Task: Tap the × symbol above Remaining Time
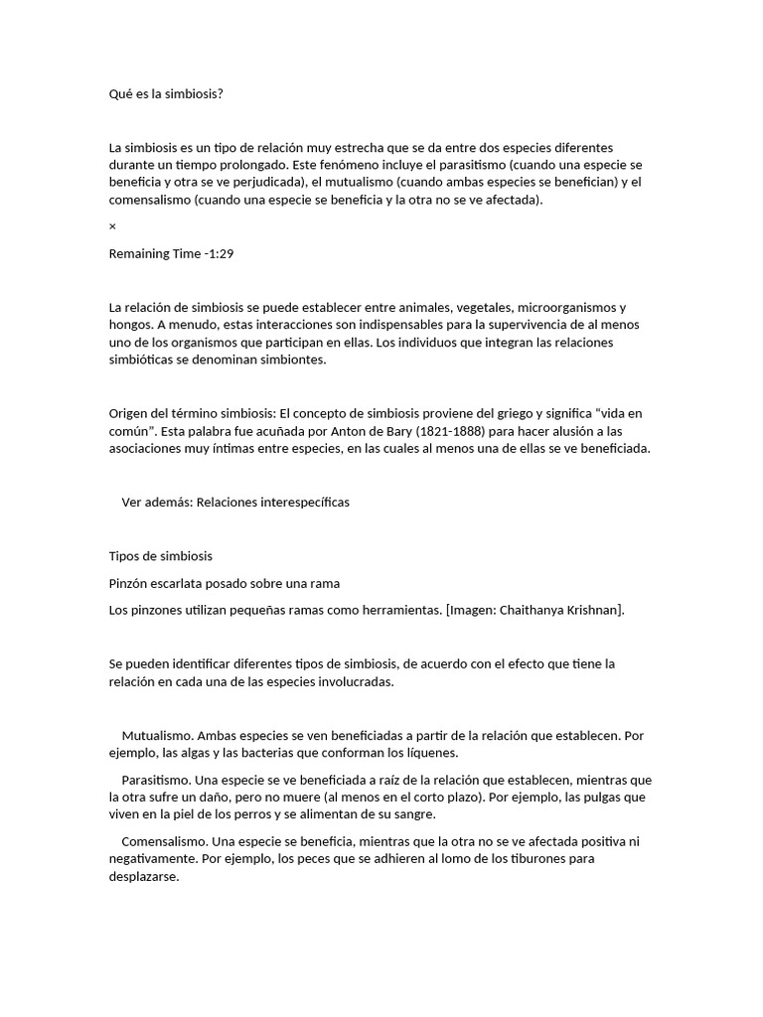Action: pyautogui.click(x=112, y=226)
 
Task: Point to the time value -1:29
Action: pyautogui.click(x=219, y=253)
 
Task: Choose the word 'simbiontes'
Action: pyautogui.click(x=291, y=360)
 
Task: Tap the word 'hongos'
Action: pyautogui.click(x=130, y=325)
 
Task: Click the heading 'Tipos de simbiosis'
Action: pyautogui.click(x=160, y=555)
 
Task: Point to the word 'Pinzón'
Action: pyautogui.click(x=130, y=583)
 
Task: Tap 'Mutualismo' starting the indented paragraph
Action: pyautogui.click(x=157, y=736)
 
